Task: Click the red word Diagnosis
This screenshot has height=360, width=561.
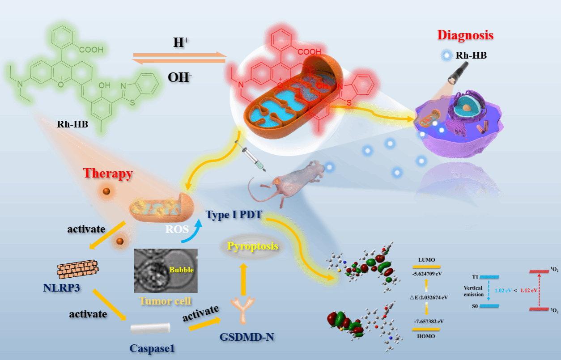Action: [465, 35]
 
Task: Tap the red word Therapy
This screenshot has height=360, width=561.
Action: [107, 174]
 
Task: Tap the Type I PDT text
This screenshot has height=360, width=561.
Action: [234, 214]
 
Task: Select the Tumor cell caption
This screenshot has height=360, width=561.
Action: [166, 301]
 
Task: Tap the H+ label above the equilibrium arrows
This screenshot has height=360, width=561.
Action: [181, 43]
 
